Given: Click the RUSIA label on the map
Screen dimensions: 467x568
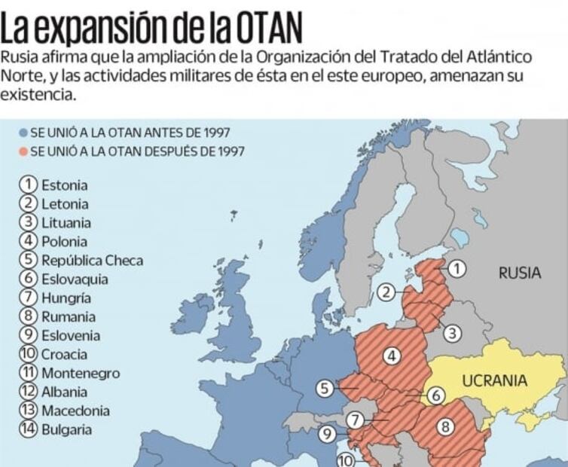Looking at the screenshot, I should tap(519, 273).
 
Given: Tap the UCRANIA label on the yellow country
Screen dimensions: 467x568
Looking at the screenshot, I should tap(494, 380).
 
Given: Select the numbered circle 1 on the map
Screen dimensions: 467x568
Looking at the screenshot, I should tap(457, 269).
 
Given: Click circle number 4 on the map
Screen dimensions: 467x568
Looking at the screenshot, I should tap(392, 356).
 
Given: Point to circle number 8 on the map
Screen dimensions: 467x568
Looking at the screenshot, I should tap(446, 427).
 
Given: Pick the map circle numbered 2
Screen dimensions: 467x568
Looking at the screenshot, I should tap(386, 293).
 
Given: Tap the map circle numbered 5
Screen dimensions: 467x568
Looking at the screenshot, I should tap(324, 389).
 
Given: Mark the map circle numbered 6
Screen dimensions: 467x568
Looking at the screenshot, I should tap(435, 395).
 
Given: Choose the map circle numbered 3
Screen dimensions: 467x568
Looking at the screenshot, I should tap(451, 332).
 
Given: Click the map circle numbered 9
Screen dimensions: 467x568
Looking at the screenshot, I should tap(326, 433).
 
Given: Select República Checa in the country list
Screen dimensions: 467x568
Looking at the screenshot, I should tap(92, 261).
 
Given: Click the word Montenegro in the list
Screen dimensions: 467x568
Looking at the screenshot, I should tap(81, 373).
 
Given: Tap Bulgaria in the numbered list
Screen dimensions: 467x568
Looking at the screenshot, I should tap(66, 429).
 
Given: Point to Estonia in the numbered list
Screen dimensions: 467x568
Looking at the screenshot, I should tap(64, 185).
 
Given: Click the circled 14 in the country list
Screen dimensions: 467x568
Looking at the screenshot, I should tap(29, 429).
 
